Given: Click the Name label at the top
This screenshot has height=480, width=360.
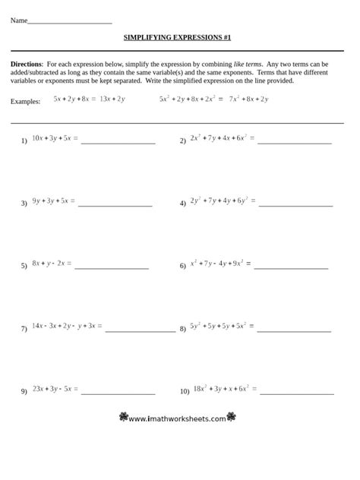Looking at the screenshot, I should tap(18, 21).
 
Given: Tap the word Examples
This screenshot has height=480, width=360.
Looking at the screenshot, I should tap(26, 101).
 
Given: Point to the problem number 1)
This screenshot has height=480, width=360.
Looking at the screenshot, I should tap(24, 141).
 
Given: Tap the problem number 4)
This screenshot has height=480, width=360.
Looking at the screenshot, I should tap(183, 204).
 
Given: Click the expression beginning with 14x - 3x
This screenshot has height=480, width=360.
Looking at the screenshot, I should tap(65, 327).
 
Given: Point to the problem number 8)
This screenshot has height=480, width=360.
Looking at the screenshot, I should tap(183, 330).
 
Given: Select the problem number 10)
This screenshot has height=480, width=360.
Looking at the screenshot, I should tap(185, 392).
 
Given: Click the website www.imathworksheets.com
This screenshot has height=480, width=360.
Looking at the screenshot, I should tap(177, 418).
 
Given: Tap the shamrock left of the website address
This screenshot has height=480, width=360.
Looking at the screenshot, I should tap(123, 418).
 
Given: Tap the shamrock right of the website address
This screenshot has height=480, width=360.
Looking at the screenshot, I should tap(232, 418).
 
